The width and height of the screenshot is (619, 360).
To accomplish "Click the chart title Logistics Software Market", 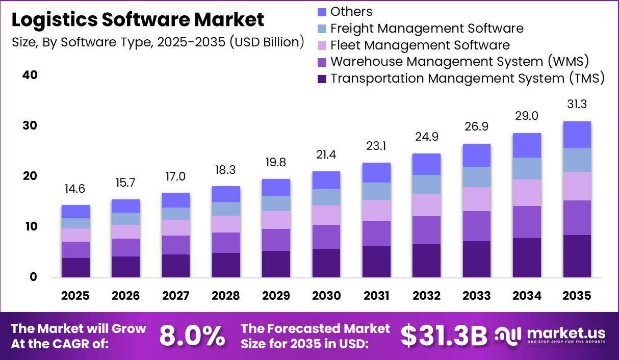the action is click(138, 20).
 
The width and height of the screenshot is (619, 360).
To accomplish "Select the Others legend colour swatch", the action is click(322, 12).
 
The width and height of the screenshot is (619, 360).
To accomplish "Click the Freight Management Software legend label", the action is click(427, 29).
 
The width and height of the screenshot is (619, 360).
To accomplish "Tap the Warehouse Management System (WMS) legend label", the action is click(460, 62).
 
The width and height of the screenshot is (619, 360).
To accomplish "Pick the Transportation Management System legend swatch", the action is click(322, 79).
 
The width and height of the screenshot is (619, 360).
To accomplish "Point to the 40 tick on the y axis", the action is click(30, 75).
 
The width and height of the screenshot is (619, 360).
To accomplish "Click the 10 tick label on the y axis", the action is click(31, 226).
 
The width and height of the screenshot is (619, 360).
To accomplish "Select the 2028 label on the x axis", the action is click(226, 296).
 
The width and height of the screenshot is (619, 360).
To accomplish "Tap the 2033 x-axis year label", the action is click(477, 296).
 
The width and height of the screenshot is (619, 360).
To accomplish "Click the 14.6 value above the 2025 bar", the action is click(75, 189).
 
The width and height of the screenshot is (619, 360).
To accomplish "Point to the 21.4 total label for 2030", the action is click(326, 155).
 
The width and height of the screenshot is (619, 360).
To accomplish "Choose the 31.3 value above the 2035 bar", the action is click(577, 104).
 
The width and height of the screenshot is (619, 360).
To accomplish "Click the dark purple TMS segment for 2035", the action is click(577, 256).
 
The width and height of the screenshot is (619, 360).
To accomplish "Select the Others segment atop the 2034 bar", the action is click(527, 145).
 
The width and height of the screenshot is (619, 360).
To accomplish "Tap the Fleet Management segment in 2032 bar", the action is click(426, 205).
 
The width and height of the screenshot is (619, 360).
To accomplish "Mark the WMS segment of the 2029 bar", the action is click(276, 240).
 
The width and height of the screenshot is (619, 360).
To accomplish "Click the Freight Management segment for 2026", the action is click(126, 219).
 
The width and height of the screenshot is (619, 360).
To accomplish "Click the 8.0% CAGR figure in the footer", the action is click(192, 336).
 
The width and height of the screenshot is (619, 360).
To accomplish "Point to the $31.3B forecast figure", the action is click(444, 336).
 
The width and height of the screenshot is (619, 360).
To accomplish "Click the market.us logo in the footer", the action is click(550, 335).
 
